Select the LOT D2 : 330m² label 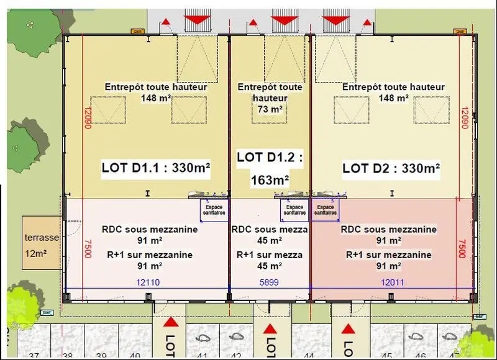click(391, 168)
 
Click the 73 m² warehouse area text click(270, 109)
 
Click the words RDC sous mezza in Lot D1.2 click(270, 230)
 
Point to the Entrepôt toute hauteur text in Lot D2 click(393, 87)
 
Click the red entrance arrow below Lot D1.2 click(269, 329)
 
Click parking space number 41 click(203, 356)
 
